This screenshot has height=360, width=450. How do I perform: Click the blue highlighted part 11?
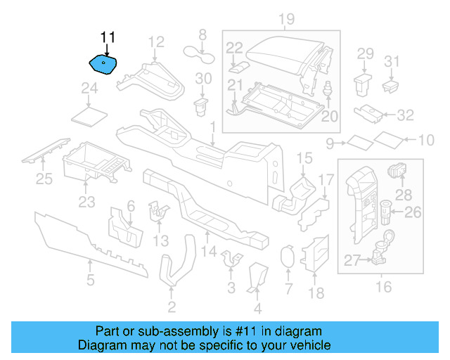click(103, 65)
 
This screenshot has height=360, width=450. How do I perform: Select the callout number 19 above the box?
click(285, 18)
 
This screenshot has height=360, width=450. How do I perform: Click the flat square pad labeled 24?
click(90, 113)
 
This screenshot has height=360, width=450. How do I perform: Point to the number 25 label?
click(44, 180)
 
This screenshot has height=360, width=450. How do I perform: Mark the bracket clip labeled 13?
click(160, 210)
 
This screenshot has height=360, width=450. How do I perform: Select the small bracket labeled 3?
click(230, 261)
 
